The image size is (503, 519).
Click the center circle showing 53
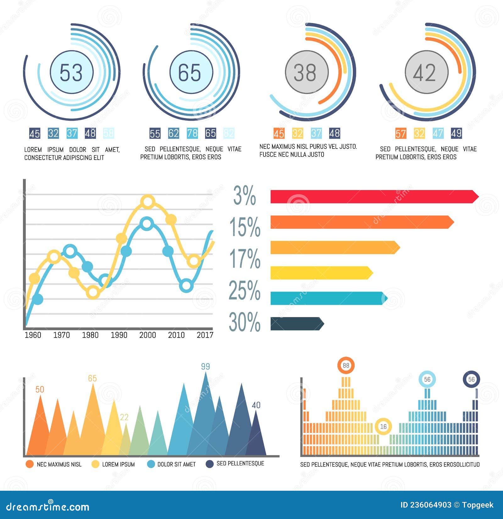click(x=72, y=72)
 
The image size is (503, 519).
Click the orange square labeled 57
click(x=401, y=133)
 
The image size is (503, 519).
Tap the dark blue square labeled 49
click(x=456, y=133)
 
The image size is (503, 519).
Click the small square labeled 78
click(x=192, y=133)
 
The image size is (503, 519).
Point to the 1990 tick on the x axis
click(x=119, y=335)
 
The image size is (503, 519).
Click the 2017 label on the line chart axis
click(x=205, y=335)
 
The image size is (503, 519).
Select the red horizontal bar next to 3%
click(x=373, y=197)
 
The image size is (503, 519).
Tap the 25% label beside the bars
click(x=245, y=290)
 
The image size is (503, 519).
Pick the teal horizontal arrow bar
click(x=327, y=298)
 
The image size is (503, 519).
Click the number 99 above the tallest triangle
click(x=205, y=366)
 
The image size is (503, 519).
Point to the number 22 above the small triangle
click(x=124, y=417)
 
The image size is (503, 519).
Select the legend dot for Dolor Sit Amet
click(x=151, y=464)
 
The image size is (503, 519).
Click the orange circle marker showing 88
click(x=346, y=365)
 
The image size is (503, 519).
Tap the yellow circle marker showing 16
click(x=383, y=426)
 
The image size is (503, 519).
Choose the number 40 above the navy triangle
click(x=256, y=405)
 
